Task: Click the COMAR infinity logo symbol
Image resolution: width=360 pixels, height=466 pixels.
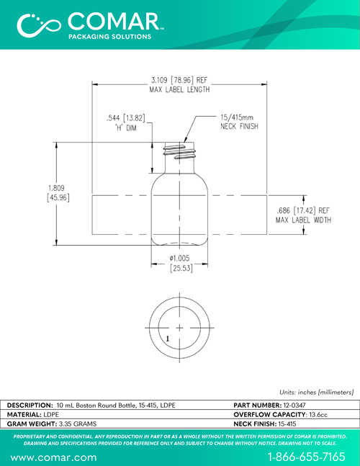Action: (39, 25)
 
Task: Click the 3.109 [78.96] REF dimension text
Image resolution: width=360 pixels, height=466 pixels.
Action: (179, 80)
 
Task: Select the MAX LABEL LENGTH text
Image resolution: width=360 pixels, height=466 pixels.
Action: (179, 89)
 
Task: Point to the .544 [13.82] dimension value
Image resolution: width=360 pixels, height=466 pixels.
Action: (126, 118)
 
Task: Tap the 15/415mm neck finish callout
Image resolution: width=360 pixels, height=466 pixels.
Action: (239, 122)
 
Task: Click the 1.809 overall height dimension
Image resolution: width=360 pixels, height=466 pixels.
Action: (58, 192)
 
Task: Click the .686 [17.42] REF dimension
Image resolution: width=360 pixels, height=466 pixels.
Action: (303, 210)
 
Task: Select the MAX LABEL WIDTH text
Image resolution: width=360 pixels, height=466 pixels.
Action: (303, 220)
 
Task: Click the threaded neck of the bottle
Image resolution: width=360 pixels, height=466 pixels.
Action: (180, 151)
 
